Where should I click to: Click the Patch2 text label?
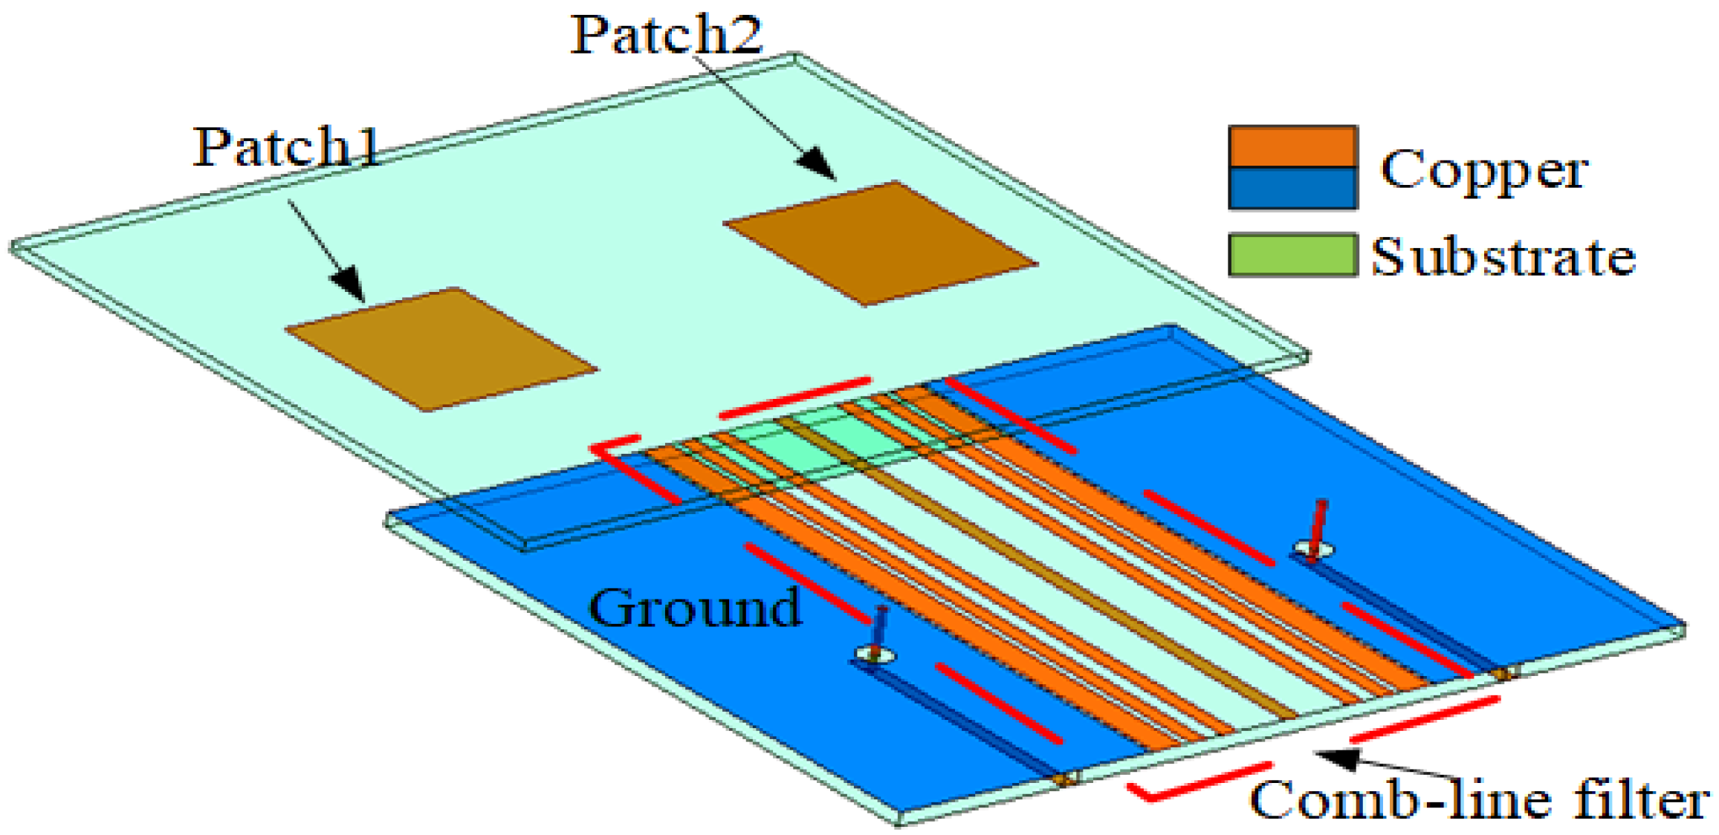coord(667,34)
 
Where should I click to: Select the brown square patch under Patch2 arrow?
coord(880,242)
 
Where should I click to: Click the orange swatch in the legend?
coord(1293,146)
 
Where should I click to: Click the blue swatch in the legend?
coord(1293,188)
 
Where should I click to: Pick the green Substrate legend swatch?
coord(1293,255)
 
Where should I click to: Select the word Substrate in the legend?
coord(1503,257)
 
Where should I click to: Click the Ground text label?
coord(695,608)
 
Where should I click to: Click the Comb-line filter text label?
coord(1479,800)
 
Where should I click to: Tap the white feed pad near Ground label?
coord(875,654)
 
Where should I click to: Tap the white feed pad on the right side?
coord(1313,550)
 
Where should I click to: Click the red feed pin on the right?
coord(1319,524)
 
